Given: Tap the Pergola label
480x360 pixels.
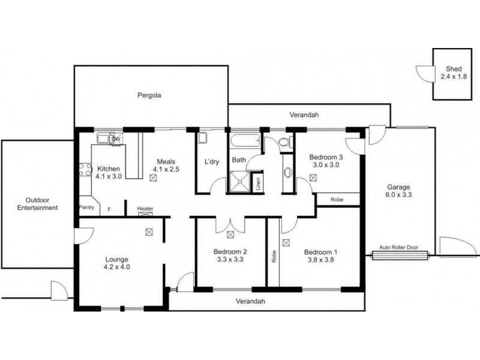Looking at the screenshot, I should tap(149, 95).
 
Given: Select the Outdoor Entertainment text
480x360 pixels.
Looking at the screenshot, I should tap(37, 204).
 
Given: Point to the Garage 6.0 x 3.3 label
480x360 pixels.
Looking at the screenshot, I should tap(398, 190).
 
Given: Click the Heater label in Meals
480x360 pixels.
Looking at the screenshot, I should tap(145, 208).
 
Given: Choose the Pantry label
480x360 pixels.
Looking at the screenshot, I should tap(88, 208).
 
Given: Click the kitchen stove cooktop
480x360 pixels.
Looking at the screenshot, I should tap(83, 170).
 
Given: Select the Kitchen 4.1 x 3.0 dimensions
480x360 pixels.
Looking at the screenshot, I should tap(109, 176).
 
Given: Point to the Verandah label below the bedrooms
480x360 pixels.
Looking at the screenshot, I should tap(250, 301).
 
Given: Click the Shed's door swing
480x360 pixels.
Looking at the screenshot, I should tap(425, 73).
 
